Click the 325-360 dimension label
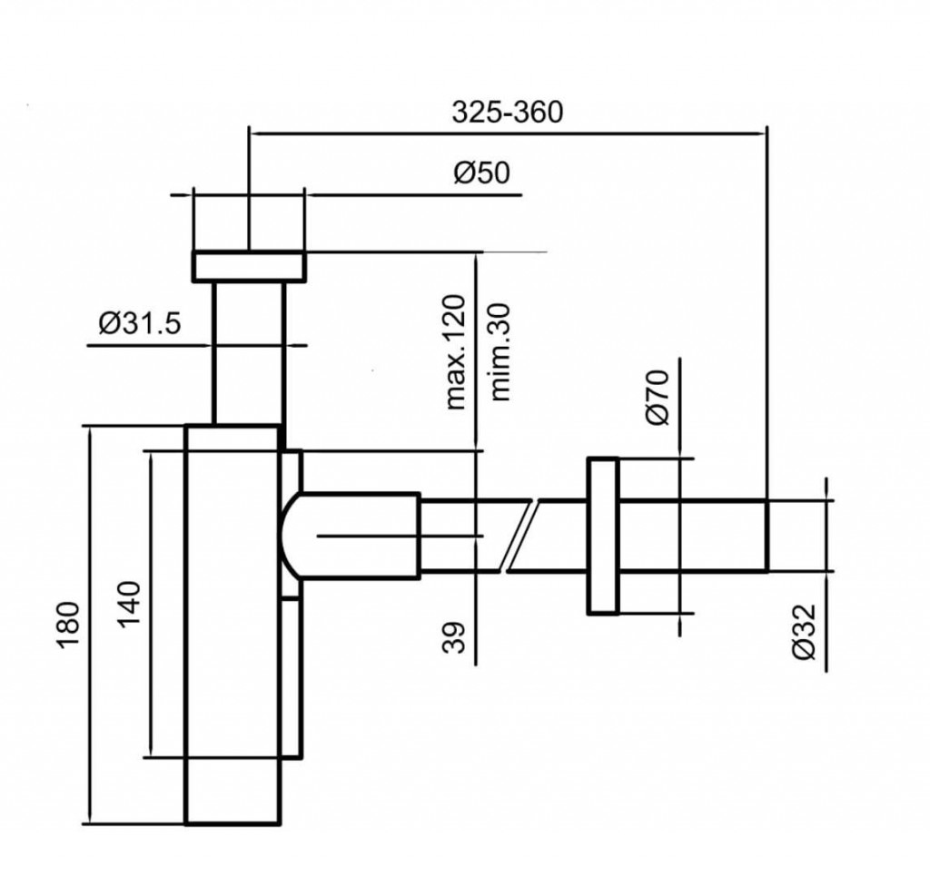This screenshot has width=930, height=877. [x=508, y=112]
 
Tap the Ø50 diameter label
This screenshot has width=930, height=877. [x=481, y=172]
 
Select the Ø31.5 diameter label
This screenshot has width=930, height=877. [x=138, y=322]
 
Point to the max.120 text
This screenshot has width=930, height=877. [x=456, y=351]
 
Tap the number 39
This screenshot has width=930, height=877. [x=456, y=636]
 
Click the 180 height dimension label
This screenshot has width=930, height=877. [x=69, y=626]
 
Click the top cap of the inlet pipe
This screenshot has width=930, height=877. [x=248, y=266]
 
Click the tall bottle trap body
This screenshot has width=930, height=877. [x=232, y=626]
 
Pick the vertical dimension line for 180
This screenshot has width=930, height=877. [x=90, y=626]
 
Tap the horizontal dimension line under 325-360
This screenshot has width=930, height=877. [x=508, y=133]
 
